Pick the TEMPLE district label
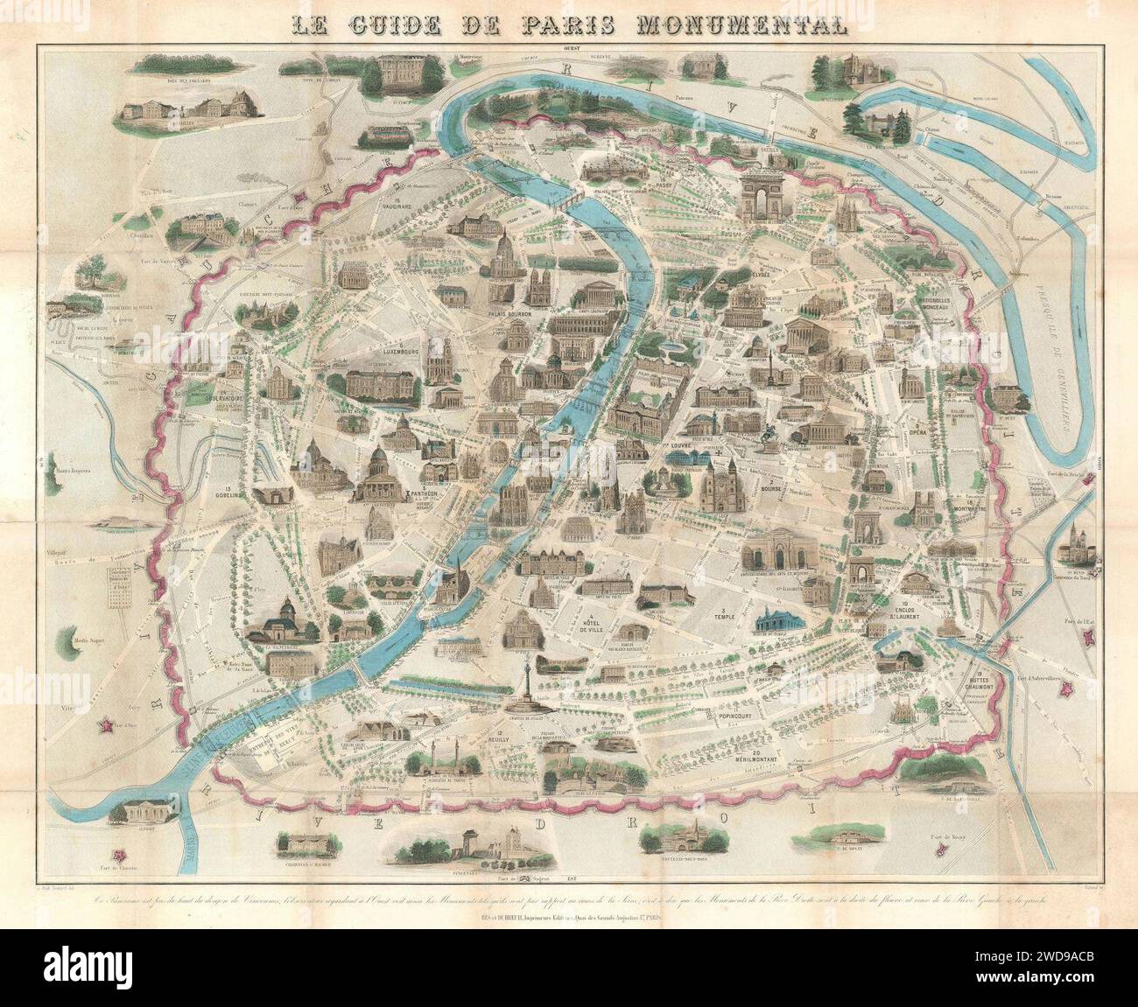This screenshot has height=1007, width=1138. coord(723,616)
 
